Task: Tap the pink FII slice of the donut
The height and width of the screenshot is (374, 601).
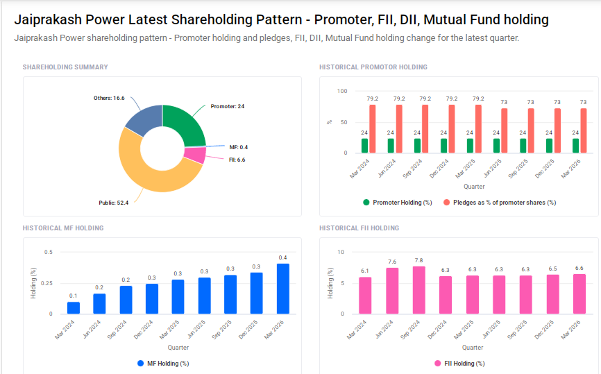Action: coord(196,155)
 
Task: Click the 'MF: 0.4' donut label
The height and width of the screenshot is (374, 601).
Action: coord(238,147)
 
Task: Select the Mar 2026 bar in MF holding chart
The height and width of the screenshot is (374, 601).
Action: coord(283,289)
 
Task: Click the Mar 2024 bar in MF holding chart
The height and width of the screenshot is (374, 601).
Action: coord(73,307)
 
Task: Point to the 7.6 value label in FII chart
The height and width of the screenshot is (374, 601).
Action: coord(392,262)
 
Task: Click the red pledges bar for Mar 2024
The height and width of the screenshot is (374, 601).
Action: coord(373,128)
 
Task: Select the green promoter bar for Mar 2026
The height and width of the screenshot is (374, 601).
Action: coord(575,145)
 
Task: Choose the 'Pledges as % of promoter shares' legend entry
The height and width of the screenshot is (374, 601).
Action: coord(504,203)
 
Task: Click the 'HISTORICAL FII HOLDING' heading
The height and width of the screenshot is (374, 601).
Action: coord(359,228)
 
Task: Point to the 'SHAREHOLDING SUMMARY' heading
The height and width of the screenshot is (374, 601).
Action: coord(65,67)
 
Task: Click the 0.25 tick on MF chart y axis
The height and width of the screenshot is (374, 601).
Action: coord(47,283)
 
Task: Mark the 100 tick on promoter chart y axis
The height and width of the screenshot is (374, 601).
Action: coord(341,91)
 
